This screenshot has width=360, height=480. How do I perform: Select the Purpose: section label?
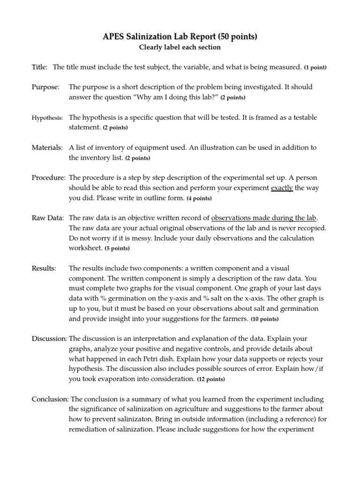pyautogui.click(x=45, y=87)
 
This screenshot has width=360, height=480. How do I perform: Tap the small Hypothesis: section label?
pyautogui.click(x=47, y=118)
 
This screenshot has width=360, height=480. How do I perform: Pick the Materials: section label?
pyautogui.click(x=47, y=148)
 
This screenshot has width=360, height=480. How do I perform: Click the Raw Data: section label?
pyautogui.click(x=48, y=218)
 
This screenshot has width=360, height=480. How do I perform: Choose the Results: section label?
pyautogui.click(x=44, y=269)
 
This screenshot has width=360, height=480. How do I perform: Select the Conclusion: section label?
pyautogui.click(x=50, y=399)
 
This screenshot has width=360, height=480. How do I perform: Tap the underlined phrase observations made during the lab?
pyautogui.click(x=264, y=218)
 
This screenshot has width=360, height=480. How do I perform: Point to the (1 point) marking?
pyautogui.click(x=315, y=67)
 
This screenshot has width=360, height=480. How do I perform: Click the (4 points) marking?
pyautogui.click(x=199, y=199)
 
